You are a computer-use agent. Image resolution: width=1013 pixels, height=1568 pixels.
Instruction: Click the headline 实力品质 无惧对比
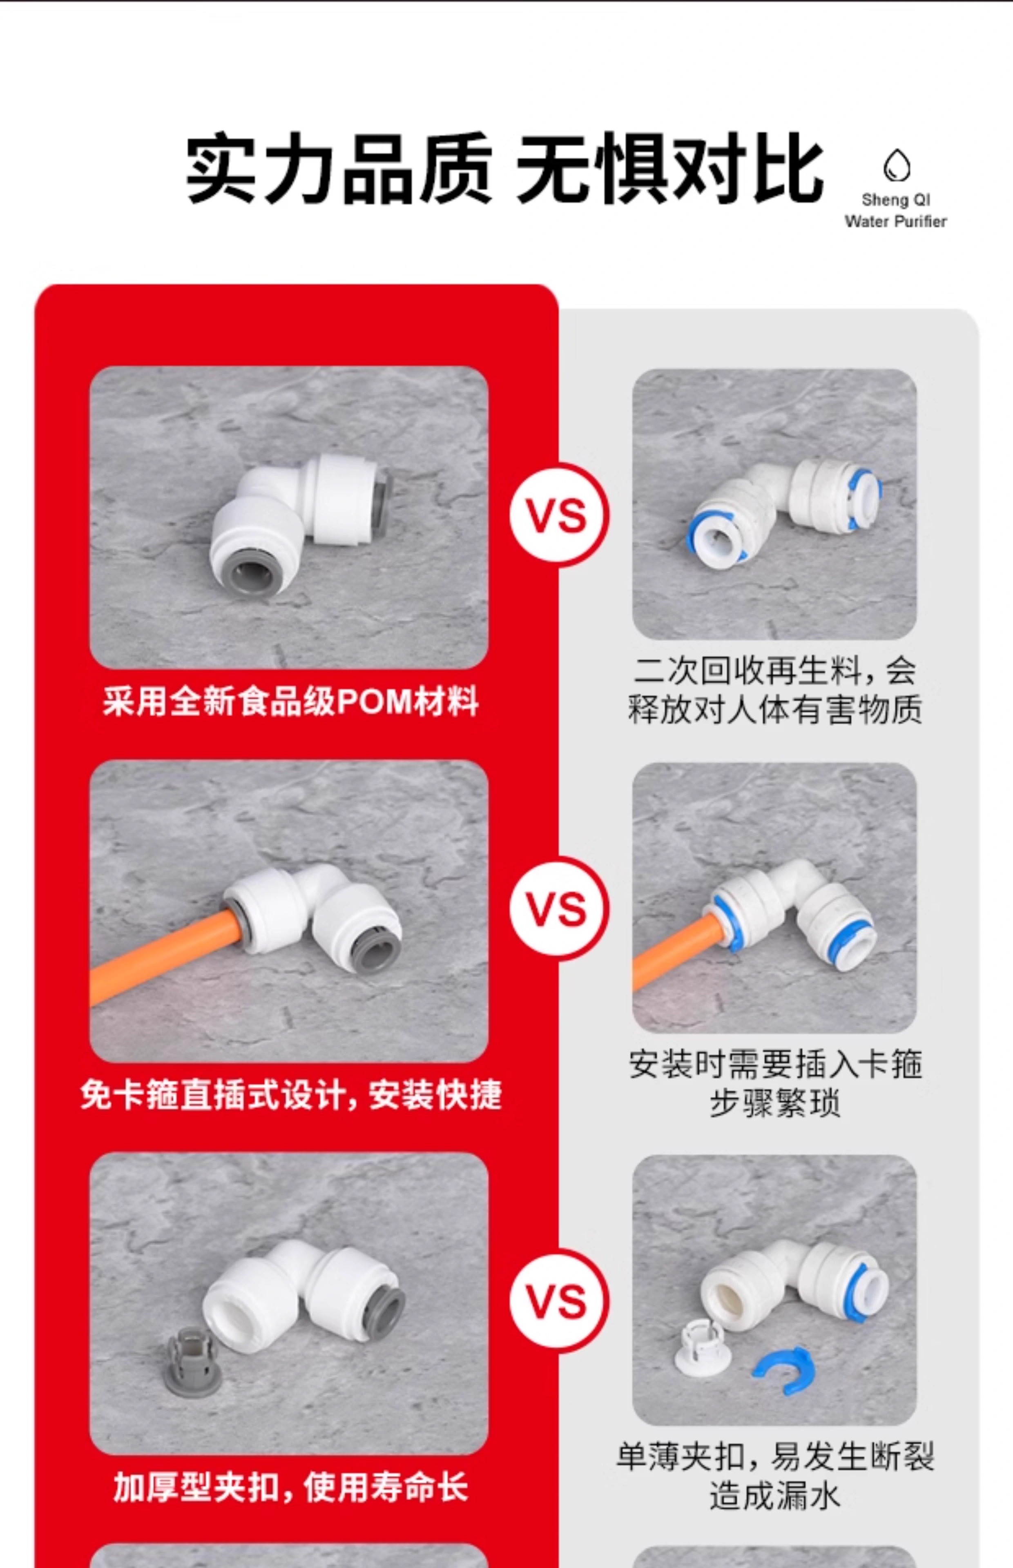pyautogui.click(x=504, y=168)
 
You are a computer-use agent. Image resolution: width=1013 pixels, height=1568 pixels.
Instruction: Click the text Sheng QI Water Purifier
pyautogui.click(x=896, y=210)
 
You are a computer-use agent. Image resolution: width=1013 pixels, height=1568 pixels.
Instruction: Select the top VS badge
pyautogui.click(x=558, y=515)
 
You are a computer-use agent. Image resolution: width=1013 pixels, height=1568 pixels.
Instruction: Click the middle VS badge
pyautogui.click(x=558, y=909)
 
